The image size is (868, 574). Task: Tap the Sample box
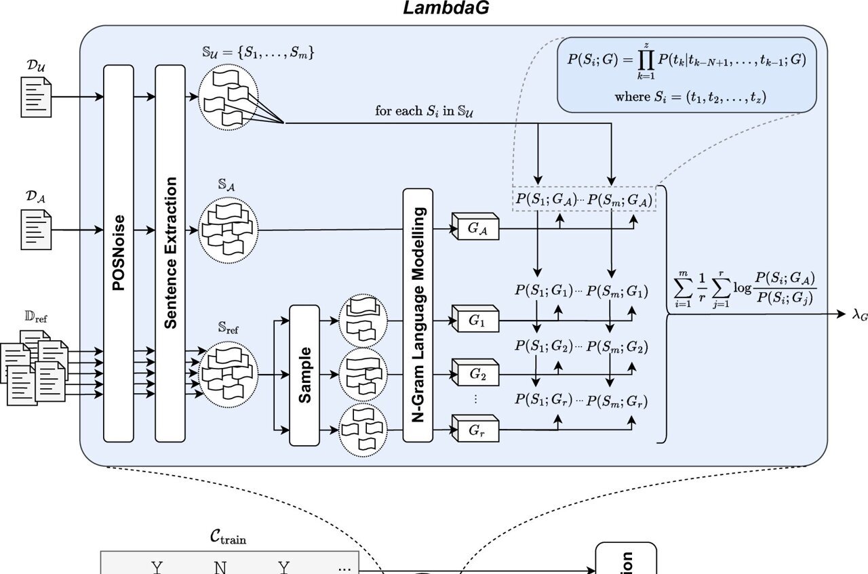304,375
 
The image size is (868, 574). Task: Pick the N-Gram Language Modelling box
418,315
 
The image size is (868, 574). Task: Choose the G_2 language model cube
476,374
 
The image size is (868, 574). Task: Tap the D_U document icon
37,97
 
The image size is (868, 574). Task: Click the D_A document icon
37,228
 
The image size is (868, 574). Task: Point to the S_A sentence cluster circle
228,230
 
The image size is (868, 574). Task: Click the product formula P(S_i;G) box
686,75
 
